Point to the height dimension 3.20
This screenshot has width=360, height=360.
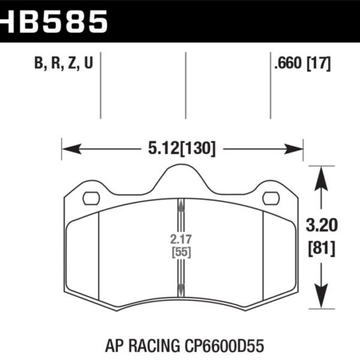click(321, 225)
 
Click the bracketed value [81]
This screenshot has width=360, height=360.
click(321, 246)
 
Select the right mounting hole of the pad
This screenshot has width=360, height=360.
click(271, 197)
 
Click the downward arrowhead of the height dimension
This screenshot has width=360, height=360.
click(321, 303)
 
